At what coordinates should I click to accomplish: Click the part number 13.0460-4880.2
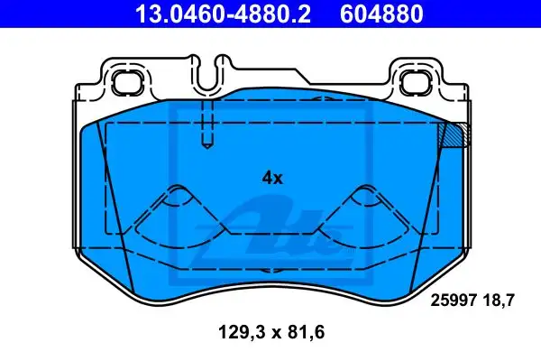(223, 14)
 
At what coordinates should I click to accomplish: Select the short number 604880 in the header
(381, 14)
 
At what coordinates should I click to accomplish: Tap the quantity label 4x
(272, 179)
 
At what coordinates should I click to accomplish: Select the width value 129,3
(242, 332)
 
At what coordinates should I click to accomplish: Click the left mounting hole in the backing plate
(127, 82)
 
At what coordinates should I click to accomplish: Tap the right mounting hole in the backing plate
(415, 82)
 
